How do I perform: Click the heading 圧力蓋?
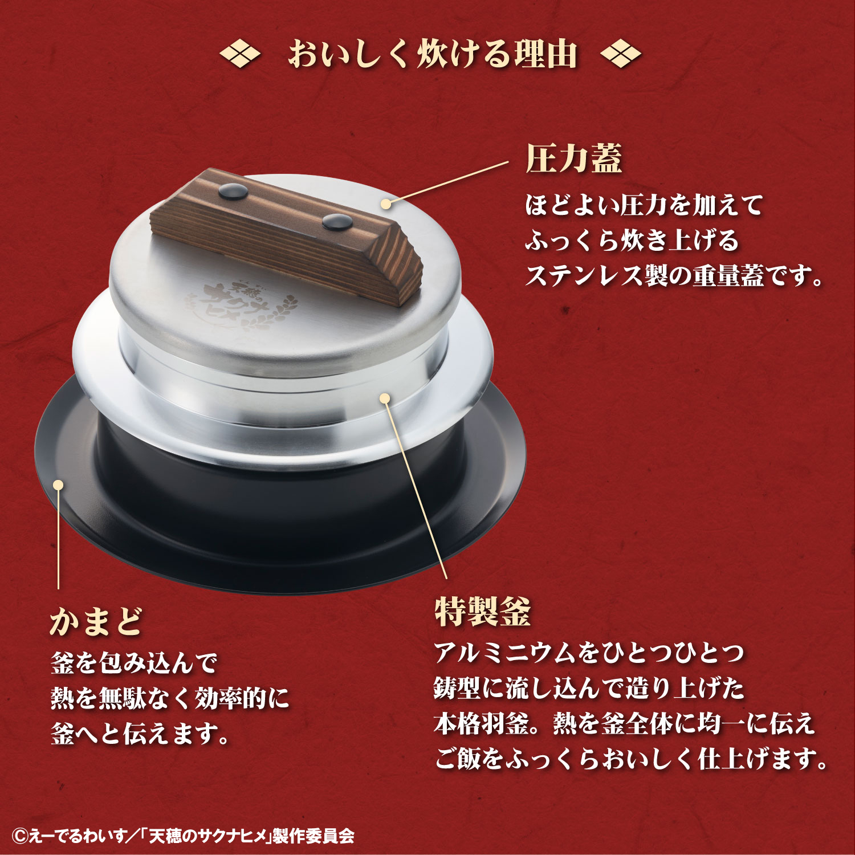tap(573, 158)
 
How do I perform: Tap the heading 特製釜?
tap(483, 612)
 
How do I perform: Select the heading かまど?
tap(96, 621)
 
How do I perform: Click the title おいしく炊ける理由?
tap(433, 55)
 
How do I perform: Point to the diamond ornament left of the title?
tap(240, 55)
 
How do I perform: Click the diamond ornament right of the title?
tap(621, 55)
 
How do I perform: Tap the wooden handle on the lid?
tap(285, 234)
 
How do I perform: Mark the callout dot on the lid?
tap(386, 203)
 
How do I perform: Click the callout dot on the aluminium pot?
tap(385, 398)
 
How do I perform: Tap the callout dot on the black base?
tap(58, 484)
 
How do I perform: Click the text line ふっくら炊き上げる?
tap(632, 241)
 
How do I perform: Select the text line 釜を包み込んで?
tap(135, 663)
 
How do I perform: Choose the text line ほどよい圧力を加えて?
tap(644, 205)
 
